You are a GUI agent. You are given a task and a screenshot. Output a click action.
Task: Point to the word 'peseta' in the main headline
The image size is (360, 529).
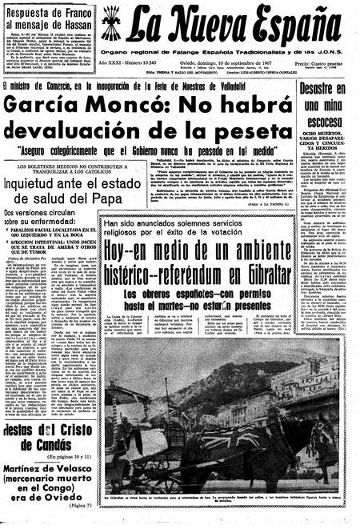tap(221, 129)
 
